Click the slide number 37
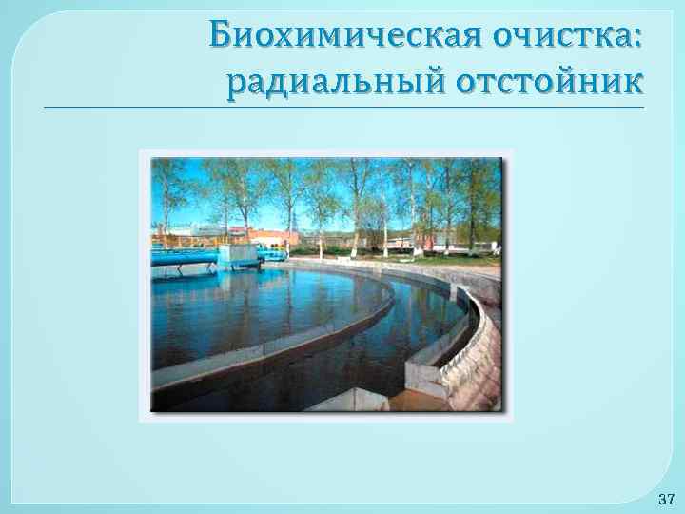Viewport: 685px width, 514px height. click(666, 499)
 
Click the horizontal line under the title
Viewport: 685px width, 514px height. click(342, 107)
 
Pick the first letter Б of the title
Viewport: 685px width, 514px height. click(221, 35)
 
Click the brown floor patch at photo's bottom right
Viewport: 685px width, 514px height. click(419, 402)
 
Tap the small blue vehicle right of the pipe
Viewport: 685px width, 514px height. click(273, 254)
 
